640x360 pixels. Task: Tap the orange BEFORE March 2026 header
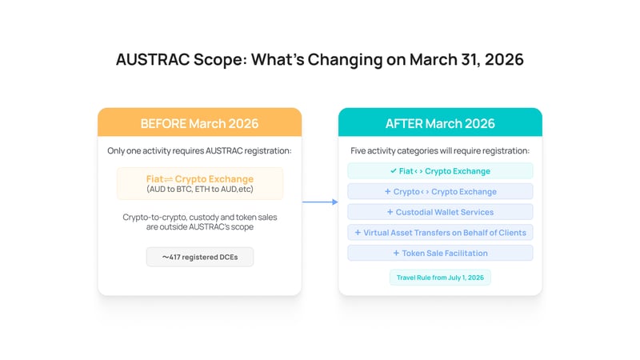pos(199,123)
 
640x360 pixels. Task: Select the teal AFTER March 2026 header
pos(440,123)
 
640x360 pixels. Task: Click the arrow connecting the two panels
pos(320,202)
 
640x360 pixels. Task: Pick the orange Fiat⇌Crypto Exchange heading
pos(199,178)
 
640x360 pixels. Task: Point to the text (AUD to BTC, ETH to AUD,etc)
pos(199,190)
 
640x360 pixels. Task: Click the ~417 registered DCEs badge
pos(199,257)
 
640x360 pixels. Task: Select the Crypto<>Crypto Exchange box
pos(440,191)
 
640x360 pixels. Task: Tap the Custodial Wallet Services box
pos(440,212)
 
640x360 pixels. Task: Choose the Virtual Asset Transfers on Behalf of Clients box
pos(440,232)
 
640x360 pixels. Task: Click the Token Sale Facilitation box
pos(440,253)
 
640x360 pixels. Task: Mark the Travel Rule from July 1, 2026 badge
pos(440,278)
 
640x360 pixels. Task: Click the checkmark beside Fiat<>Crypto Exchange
pos(393,170)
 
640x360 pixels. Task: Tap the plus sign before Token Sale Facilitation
pos(397,253)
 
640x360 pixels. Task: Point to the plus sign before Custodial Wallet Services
pos(390,212)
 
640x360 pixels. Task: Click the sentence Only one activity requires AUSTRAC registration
pos(199,150)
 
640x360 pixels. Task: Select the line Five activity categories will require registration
pos(440,150)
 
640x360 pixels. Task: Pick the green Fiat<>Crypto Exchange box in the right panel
pos(440,170)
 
